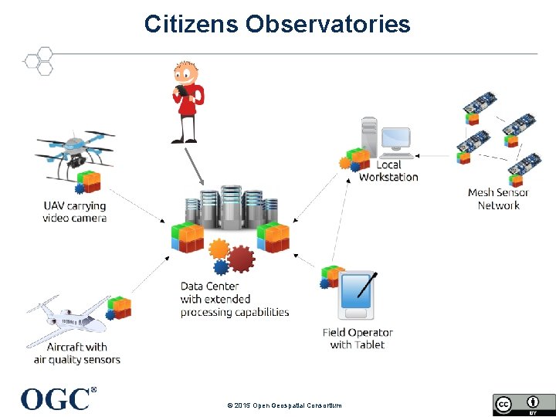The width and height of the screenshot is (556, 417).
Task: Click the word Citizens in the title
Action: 192,24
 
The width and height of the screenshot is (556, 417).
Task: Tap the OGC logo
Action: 56,398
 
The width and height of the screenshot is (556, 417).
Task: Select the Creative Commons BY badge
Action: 523,405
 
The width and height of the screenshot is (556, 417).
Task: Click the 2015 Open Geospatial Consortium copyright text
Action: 283,405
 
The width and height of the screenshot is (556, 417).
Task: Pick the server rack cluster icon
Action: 232,212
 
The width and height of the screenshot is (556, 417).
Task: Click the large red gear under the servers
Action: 241,259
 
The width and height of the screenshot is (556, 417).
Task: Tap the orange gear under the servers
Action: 219,249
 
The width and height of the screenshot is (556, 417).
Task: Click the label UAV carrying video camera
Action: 74,212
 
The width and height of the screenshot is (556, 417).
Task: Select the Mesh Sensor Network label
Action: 498,198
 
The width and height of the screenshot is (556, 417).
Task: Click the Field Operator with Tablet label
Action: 358,338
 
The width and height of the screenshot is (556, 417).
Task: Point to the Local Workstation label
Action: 388,171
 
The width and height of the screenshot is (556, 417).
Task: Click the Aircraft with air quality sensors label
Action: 76,353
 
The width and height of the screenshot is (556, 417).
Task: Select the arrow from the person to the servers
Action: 194,164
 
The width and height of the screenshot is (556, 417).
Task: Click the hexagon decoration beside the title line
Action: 39,61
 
